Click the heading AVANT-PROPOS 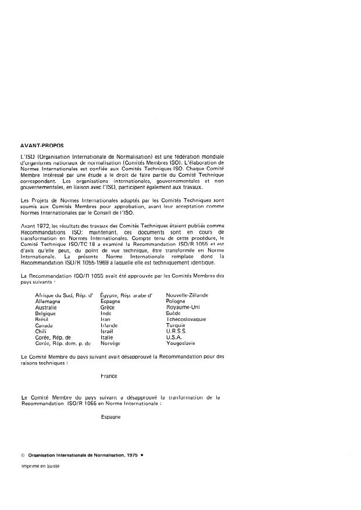[x=42, y=147]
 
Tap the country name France [x=109, y=376]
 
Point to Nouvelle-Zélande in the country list [x=187, y=295]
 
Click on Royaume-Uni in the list [x=183, y=307]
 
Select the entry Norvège [x=110, y=343]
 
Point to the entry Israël [x=108, y=331]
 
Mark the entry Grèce [x=108, y=307]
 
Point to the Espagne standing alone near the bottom [x=110, y=418]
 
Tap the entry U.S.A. [x=175, y=337]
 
